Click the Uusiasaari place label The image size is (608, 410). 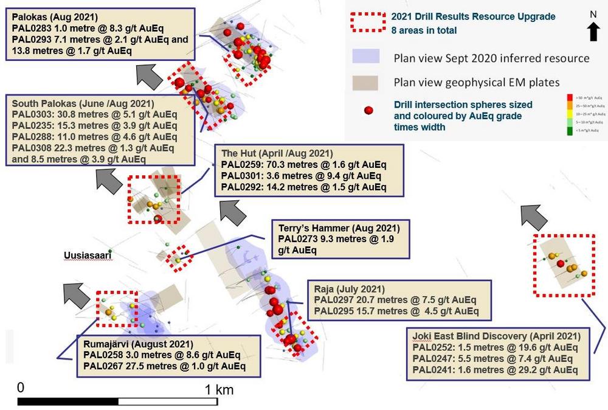click(x=88, y=255)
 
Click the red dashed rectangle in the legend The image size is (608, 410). click(x=368, y=22)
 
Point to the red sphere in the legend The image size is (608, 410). click(x=368, y=111)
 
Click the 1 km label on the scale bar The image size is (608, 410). click(x=218, y=389)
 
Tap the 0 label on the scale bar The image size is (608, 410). click(x=21, y=387)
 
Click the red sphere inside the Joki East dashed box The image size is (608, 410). click(x=560, y=263)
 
